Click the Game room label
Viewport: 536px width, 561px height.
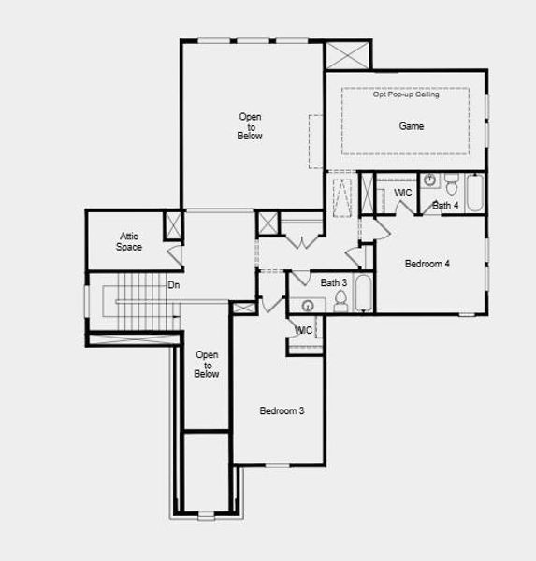tap(412, 126)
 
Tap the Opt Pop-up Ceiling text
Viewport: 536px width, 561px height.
tap(407, 94)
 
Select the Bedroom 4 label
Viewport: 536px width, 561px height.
tap(427, 265)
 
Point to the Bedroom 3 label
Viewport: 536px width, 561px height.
tap(282, 411)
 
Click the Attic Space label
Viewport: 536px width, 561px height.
tap(129, 242)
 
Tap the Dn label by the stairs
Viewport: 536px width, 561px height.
tap(174, 285)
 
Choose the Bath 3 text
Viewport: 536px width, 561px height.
tap(334, 282)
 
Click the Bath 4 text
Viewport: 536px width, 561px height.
tap(445, 206)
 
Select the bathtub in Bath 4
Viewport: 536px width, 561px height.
tap(474, 194)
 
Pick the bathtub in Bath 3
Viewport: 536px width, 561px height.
tap(363, 294)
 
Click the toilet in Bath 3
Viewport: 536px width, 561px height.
tap(340, 300)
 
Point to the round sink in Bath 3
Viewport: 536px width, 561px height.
tap(308, 304)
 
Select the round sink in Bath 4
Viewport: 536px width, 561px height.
tap(430, 180)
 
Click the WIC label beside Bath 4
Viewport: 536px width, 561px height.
tap(403, 194)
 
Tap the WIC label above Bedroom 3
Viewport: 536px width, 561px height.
tap(304, 330)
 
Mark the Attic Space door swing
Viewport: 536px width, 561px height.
tap(173, 254)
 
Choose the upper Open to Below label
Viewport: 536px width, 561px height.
tap(250, 126)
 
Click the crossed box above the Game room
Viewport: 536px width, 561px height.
tap(348, 54)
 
